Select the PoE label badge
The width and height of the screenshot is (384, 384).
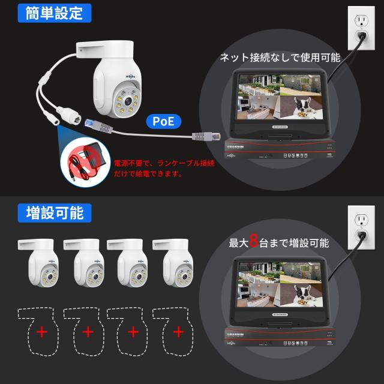point(163,121)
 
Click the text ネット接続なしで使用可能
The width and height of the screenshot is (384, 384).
point(280,58)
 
